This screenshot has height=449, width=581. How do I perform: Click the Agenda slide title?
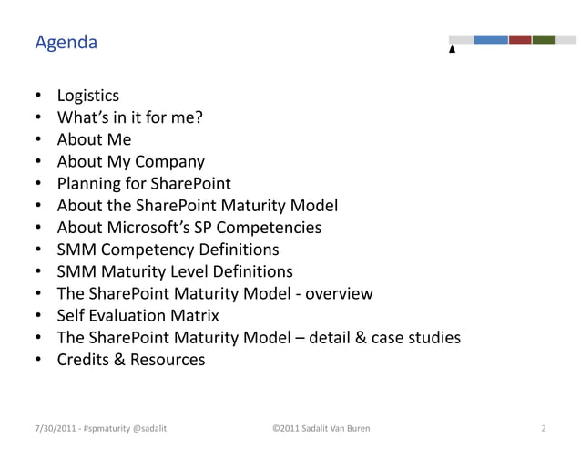[x=66, y=43]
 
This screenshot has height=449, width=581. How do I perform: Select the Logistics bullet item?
[x=88, y=95]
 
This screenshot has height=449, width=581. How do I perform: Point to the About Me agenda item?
[x=94, y=139]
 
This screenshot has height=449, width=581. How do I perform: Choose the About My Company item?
[x=130, y=162]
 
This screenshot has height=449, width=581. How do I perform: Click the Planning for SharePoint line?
[x=138, y=184]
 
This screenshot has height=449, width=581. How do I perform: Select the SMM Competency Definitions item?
[x=168, y=250]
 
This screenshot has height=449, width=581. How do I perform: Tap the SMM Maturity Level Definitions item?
[x=175, y=271]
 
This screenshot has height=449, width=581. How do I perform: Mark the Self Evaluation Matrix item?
[x=138, y=316]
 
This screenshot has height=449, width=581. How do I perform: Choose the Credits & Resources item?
[x=131, y=360]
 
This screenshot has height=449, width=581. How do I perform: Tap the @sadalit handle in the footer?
[x=147, y=426]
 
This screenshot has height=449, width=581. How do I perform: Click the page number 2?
[x=543, y=426]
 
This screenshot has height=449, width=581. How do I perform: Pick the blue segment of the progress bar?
[x=490, y=39]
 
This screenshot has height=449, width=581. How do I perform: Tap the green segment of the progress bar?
[x=544, y=39]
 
